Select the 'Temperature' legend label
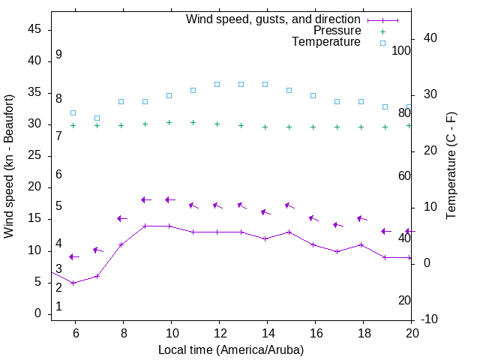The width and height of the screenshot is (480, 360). (326, 42)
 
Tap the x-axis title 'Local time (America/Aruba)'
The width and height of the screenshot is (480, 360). (231, 349)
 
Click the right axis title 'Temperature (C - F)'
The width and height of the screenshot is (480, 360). (451, 166)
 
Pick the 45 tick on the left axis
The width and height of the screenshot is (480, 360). (34, 29)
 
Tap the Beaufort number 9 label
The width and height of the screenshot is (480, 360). (58, 55)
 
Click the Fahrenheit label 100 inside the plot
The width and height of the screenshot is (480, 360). (401, 50)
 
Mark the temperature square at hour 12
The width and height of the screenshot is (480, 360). (217, 84)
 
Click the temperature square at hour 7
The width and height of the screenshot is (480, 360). (97, 118)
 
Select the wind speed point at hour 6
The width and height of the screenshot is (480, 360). (73, 283)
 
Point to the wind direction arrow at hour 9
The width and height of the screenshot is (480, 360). (146, 199)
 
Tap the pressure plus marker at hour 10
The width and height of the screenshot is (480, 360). (169, 122)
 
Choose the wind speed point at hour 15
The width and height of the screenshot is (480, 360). (289, 232)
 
